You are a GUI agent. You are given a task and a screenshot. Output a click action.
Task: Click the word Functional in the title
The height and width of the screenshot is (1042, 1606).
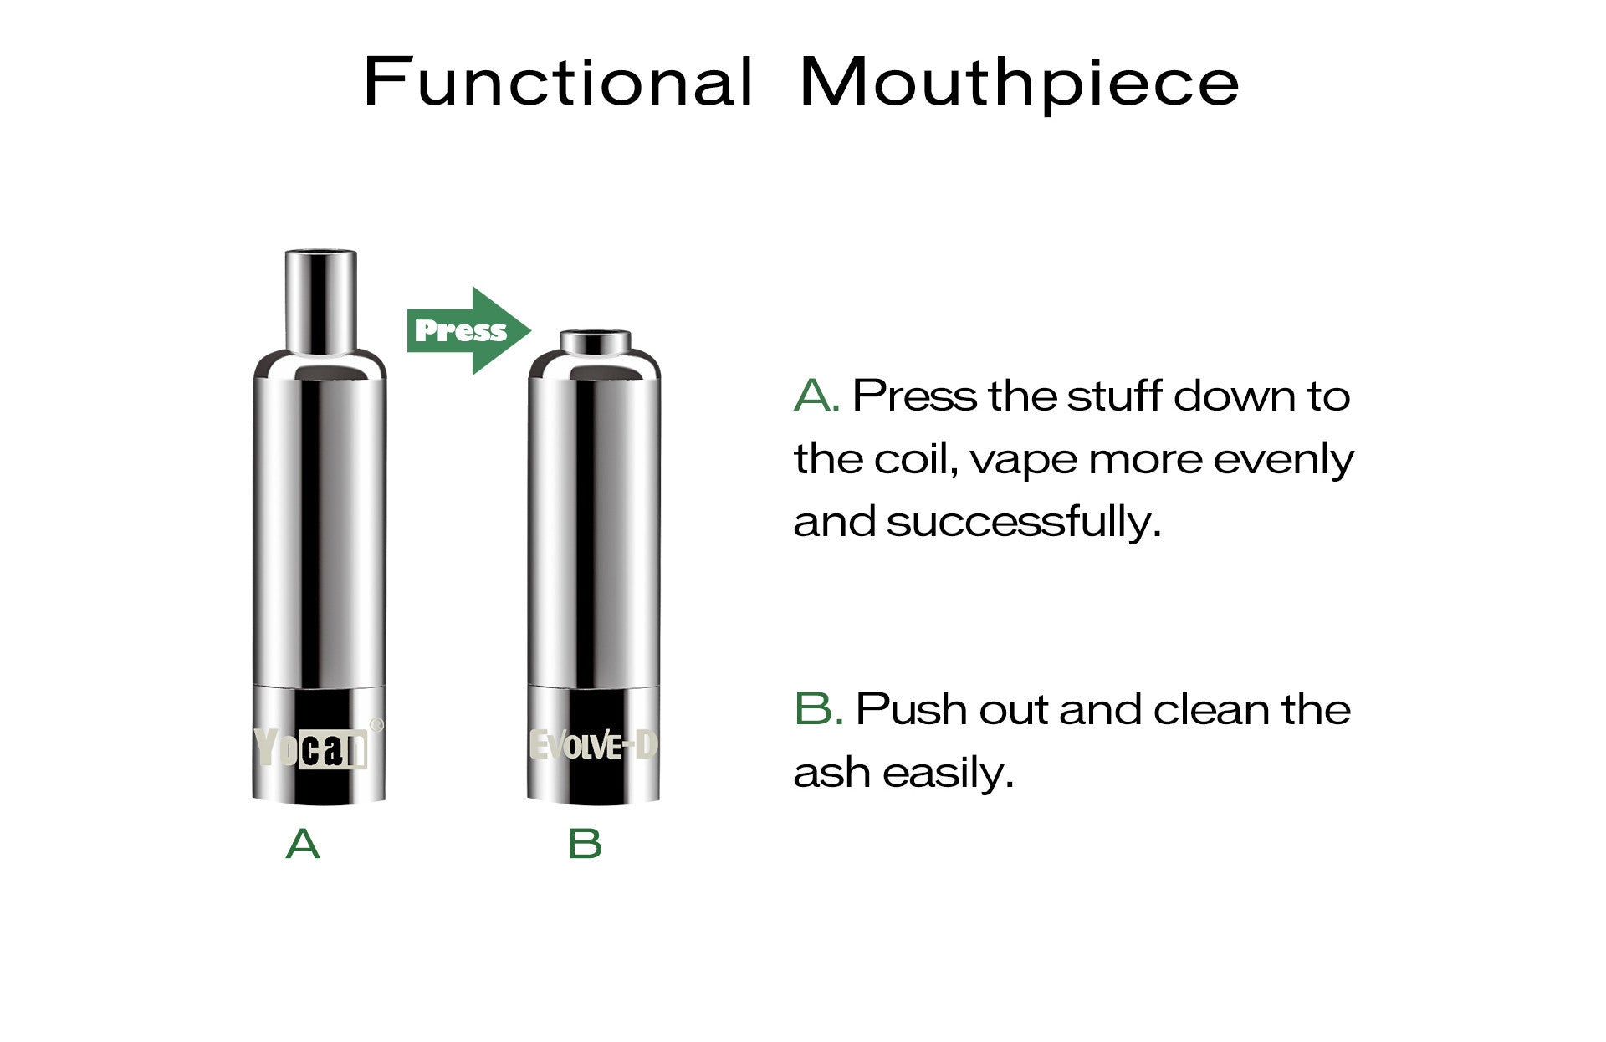pyautogui.click(x=559, y=81)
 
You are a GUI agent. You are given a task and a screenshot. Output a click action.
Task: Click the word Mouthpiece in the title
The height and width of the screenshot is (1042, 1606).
pyautogui.click(x=1019, y=84)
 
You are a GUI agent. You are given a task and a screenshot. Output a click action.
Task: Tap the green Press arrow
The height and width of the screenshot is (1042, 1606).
pyautogui.click(x=468, y=330)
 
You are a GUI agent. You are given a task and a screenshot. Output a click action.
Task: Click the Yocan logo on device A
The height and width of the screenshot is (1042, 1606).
pyautogui.click(x=311, y=747)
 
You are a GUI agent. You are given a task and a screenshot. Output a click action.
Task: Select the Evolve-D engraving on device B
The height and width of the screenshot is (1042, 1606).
pyautogui.click(x=594, y=746)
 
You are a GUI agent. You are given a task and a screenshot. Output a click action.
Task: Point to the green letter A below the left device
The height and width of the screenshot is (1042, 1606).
pyautogui.click(x=303, y=844)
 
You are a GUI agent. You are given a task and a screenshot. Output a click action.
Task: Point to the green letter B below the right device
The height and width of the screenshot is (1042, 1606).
pyautogui.click(x=585, y=844)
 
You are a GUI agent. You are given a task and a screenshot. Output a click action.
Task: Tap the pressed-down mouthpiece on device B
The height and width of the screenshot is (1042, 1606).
pyautogui.click(x=595, y=342)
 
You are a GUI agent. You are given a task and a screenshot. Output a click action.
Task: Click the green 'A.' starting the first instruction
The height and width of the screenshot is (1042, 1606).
pyautogui.click(x=816, y=396)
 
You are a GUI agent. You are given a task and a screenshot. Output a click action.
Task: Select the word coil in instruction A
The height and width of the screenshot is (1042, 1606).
pyautogui.click(x=917, y=459)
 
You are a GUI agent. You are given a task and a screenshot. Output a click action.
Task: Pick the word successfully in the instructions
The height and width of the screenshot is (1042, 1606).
pyautogui.click(x=1025, y=522)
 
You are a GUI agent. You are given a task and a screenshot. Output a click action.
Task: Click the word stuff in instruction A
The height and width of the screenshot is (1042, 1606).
pyautogui.click(x=1114, y=396)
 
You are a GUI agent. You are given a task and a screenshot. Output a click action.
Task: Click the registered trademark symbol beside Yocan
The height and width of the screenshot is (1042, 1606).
pyautogui.click(x=376, y=725)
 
